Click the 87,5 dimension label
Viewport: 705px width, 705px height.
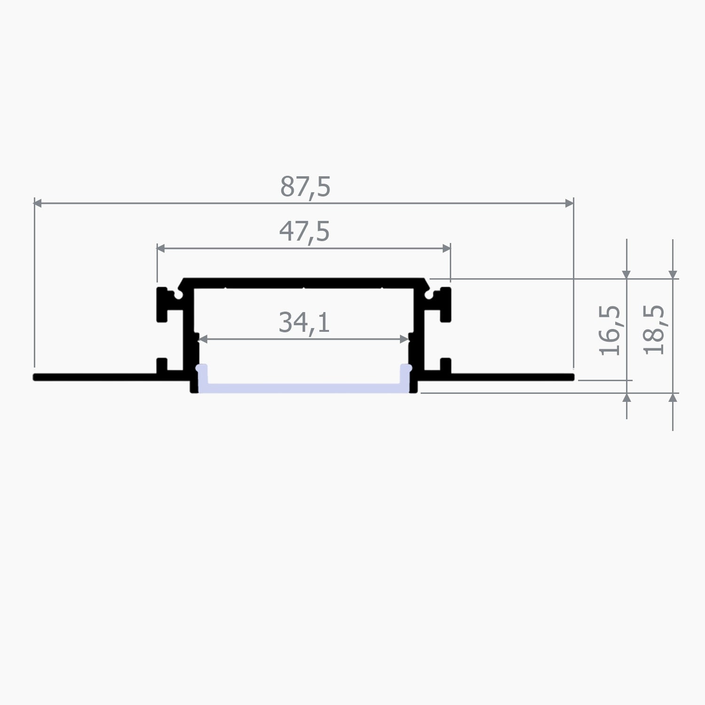(x=305, y=187)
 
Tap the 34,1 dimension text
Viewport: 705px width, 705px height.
(x=304, y=322)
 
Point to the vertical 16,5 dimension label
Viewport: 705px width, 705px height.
(x=611, y=330)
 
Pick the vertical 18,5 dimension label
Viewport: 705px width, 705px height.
(x=655, y=330)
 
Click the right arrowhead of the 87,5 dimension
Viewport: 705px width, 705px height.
(x=569, y=203)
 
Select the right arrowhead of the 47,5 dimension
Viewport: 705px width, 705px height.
(x=446, y=249)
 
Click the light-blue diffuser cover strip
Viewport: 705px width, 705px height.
(x=304, y=387)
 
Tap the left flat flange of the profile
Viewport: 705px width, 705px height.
(x=94, y=377)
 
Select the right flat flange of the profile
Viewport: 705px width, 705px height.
(x=512, y=377)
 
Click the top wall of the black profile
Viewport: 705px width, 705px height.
(x=304, y=282)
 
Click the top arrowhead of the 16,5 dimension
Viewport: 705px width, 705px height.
(x=627, y=274)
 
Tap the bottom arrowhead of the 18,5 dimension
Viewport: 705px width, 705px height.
(x=673, y=398)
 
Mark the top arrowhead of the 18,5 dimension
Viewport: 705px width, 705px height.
(x=673, y=274)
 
